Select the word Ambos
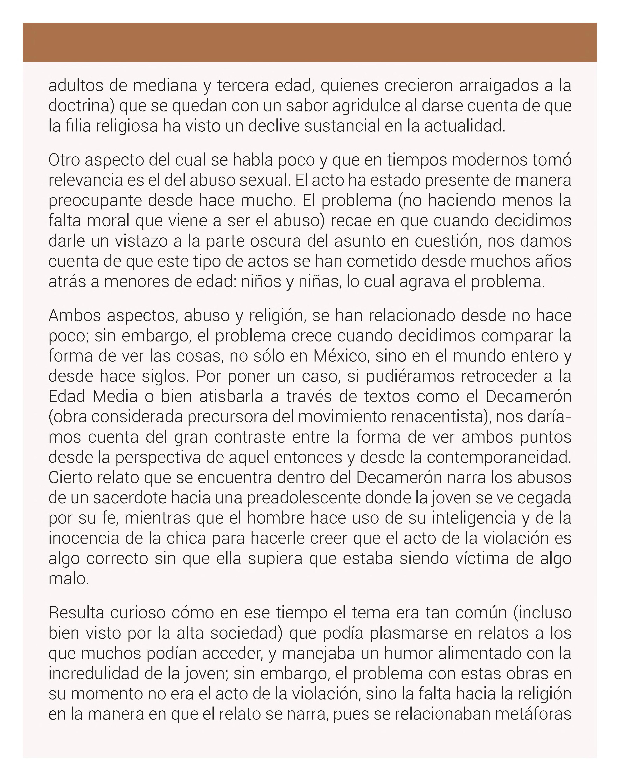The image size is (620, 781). click(74, 315)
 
